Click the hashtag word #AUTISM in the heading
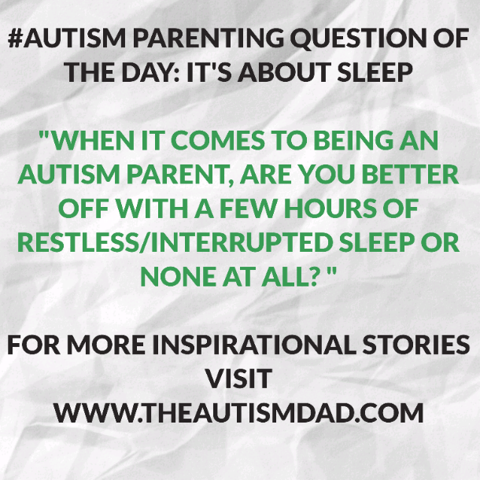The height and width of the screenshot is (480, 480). (67, 39)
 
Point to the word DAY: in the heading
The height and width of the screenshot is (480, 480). (150, 72)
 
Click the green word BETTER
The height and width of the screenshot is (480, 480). (410, 175)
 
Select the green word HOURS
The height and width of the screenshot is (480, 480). (330, 209)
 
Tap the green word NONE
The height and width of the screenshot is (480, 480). (178, 276)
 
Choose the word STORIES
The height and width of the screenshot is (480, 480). (415, 345)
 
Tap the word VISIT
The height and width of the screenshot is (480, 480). (238, 378)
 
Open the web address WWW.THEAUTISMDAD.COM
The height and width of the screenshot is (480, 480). (238, 413)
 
